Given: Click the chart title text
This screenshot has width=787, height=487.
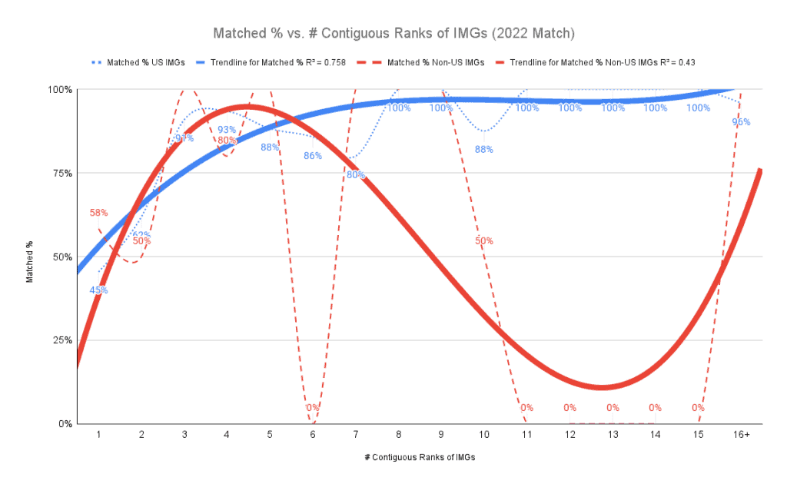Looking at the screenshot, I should click(393, 34).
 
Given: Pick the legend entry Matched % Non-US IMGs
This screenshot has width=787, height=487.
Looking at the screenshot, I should click(436, 63).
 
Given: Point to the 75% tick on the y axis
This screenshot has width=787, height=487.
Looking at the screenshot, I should click(61, 173).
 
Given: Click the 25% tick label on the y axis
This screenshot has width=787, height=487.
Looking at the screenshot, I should click(61, 340).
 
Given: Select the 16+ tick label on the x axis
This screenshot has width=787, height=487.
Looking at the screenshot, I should click(741, 434).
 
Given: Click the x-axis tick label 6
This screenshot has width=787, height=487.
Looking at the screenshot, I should click(312, 434).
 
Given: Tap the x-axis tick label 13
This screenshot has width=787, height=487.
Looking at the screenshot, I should click(613, 434).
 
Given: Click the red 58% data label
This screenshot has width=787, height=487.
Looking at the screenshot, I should click(98, 212).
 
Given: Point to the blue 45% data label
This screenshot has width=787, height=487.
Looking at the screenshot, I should click(98, 290).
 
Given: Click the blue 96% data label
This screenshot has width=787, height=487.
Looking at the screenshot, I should click(741, 121).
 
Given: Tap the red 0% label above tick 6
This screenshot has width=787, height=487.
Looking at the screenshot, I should click(312, 407).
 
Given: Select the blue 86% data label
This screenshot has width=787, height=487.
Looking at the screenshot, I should click(312, 156).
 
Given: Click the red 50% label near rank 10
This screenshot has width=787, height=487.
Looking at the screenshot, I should click(483, 240).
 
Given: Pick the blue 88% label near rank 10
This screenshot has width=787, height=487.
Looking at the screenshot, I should click(483, 149).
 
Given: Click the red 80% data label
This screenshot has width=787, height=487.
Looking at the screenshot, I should click(227, 141).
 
